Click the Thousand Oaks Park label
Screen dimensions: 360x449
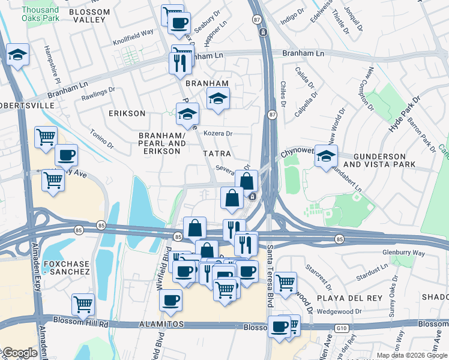40,14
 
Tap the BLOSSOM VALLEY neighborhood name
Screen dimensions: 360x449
89,16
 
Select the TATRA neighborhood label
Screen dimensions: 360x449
217,154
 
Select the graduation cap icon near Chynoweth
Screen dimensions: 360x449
326,156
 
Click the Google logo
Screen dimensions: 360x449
20,353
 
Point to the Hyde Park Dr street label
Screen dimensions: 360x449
399,114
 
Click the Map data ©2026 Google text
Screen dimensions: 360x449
412,355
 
